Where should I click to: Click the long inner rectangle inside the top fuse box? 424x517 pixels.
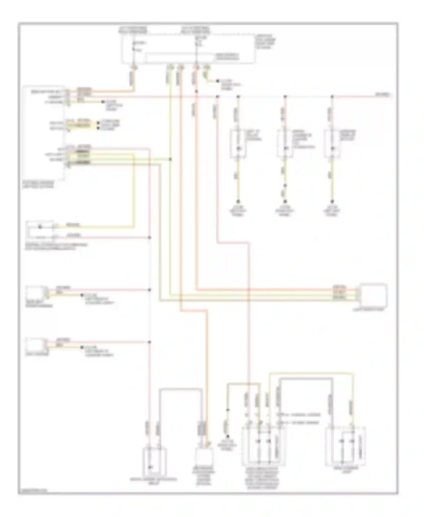(179, 57)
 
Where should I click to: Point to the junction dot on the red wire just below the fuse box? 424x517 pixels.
(196, 91)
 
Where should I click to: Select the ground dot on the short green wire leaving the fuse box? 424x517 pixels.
(217, 81)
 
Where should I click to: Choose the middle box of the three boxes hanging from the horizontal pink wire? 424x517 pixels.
(285, 143)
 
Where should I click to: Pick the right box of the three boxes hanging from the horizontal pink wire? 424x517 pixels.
(332, 143)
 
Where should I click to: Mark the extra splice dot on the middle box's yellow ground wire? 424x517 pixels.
(285, 186)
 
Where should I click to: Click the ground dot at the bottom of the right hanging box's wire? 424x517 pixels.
(332, 201)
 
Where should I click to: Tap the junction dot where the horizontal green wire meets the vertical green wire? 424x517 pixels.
(170, 159)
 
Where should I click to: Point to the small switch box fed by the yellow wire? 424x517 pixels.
(40, 230)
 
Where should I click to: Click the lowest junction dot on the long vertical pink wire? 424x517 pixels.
(150, 342)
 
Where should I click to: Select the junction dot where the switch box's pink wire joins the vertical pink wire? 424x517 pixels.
(150, 238)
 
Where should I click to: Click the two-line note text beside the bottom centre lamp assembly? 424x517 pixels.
(298, 419)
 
